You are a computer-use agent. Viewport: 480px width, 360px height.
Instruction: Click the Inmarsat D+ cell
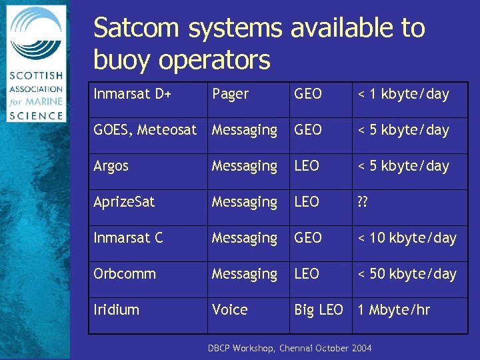[133, 94]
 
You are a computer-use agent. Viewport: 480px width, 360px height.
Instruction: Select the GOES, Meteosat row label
[145, 130]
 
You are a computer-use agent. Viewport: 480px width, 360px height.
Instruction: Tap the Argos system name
[111, 166]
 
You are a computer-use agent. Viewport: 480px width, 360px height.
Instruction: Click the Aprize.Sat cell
[124, 202]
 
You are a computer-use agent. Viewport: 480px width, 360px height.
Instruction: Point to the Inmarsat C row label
[128, 238]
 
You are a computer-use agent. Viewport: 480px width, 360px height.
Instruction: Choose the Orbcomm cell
[125, 274]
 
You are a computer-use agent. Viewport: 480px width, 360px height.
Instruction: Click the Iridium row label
[117, 310]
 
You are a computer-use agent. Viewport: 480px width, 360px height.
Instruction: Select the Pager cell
[230, 94]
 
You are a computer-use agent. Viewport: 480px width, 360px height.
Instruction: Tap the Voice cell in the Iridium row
[229, 310]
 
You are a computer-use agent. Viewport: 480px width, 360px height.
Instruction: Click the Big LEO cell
[319, 310]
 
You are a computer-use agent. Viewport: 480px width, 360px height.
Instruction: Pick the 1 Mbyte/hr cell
[394, 310]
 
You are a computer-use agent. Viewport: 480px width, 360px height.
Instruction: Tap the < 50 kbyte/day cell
[407, 274]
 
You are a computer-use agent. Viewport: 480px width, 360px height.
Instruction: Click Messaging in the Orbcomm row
[244, 274]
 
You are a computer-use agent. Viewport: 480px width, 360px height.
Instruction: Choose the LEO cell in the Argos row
[307, 166]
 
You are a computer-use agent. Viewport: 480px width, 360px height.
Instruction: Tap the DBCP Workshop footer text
[289, 349]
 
